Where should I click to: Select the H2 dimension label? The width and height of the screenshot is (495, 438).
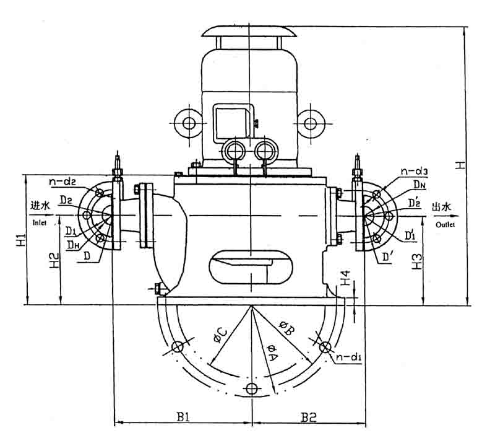tap(54, 263)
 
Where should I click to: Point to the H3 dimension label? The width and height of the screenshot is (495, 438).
tap(418, 261)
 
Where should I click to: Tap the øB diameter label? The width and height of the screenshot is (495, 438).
tap(286, 326)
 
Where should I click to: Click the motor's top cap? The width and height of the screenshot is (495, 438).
tap(247, 30)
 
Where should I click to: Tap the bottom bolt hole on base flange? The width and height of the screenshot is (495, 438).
tap(251, 389)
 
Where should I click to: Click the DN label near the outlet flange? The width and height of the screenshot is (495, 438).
tap(420, 185)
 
